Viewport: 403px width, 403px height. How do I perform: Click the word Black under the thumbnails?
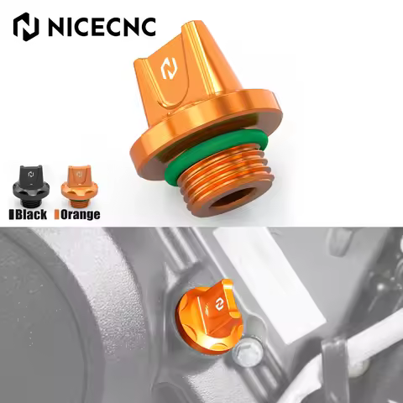coord(32,214)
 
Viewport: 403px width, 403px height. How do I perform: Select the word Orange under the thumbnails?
coord(81,214)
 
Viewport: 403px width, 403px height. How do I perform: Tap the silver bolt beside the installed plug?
coord(248,353)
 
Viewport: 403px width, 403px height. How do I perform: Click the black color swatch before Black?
coord(10,214)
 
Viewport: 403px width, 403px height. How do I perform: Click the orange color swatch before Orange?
coord(56,214)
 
